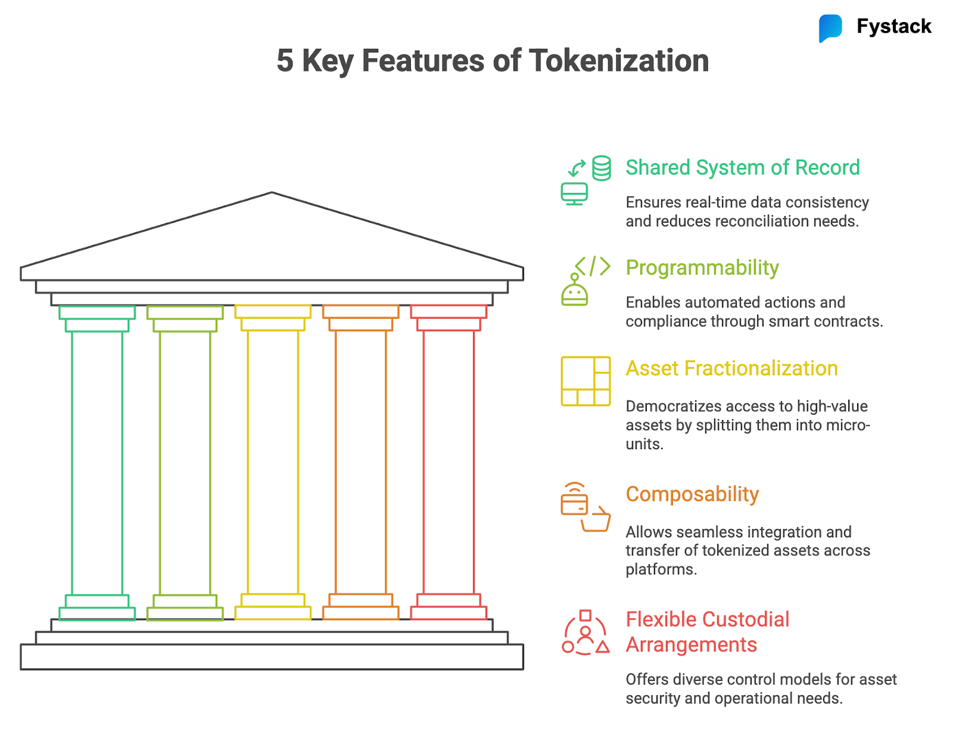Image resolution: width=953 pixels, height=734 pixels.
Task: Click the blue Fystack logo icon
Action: [x=830, y=27]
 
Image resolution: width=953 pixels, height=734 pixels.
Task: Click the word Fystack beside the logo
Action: [x=893, y=26]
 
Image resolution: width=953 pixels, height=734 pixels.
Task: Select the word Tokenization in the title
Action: [x=619, y=61]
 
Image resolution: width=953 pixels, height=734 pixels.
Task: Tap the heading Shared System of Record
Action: [x=742, y=167]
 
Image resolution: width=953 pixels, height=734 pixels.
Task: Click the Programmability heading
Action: [x=702, y=268]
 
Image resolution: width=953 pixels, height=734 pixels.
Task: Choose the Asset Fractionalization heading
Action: [x=731, y=368]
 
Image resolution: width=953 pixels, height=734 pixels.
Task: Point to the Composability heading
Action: [x=692, y=494]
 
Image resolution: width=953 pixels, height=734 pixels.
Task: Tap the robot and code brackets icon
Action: [x=585, y=281]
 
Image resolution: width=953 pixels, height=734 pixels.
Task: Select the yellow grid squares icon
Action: [x=585, y=381]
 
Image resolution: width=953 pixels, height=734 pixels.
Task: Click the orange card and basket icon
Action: [x=585, y=507]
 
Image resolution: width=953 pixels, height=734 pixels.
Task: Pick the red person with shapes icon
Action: [x=585, y=633]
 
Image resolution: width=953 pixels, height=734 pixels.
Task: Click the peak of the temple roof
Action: [x=272, y=193]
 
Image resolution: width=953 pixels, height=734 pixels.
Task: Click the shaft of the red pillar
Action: [x=449, y=462]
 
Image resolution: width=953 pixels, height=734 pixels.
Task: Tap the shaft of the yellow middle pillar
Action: [x=273, y=462]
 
